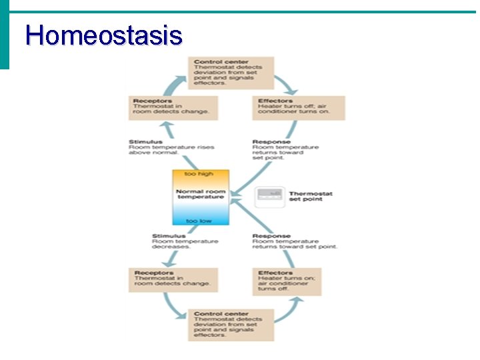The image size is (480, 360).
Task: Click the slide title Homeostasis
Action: click(x=103, y=35)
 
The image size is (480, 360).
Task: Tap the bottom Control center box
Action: click(x=224, y=325)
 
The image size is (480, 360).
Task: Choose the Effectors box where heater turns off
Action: click(x=298, y=107)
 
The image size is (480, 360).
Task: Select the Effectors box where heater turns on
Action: click(x=287, y=281)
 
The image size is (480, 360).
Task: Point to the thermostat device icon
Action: click(x=270, y=195)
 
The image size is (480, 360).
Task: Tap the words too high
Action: click(x=200, y=175)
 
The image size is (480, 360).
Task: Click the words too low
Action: click(x=200, y=221)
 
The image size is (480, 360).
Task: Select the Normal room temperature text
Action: click(x=200, y=194)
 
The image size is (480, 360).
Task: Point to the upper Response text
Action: click(x=285, y=149)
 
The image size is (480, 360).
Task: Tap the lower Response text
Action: click(x=294, y=241)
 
